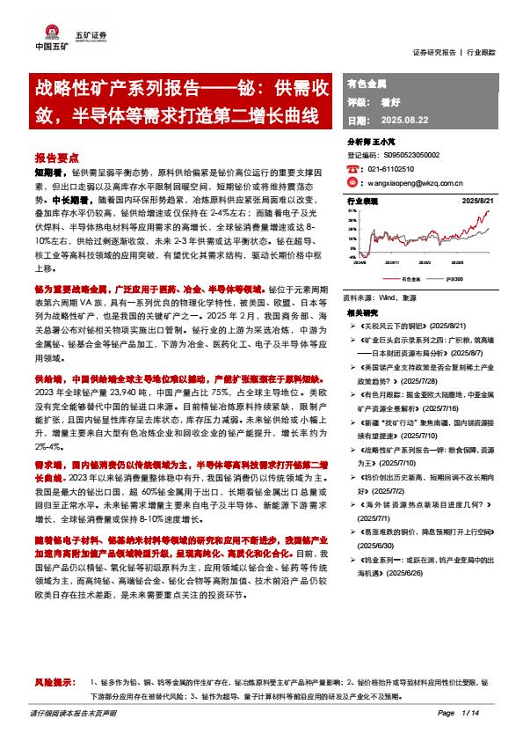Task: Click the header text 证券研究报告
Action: tap(434, 52)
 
